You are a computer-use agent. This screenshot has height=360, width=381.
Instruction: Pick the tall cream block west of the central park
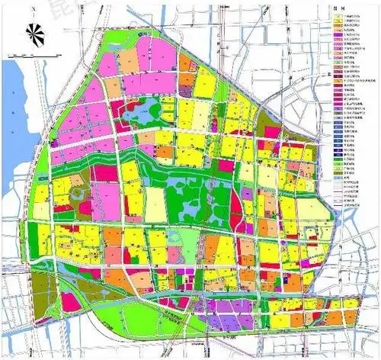click(x=155, y=204)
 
